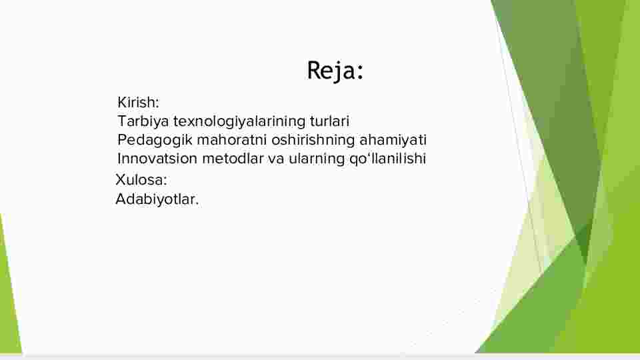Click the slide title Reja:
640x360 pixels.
[335, 71]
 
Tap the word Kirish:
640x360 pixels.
[138, 102]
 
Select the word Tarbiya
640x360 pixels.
[143, 121]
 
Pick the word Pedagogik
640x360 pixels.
[155, 140]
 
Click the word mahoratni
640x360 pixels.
[232, 139]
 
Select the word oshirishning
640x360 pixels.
[313, 140]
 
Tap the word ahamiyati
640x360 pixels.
[393, 140]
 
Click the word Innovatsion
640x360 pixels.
[157, 159]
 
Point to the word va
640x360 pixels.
[276, 159]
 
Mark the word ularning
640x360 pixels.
[317, 159]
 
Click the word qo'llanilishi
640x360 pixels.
[387, 159]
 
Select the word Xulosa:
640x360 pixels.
[141, 179]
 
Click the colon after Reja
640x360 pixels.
[359, 72]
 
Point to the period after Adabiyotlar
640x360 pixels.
[197, 204]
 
